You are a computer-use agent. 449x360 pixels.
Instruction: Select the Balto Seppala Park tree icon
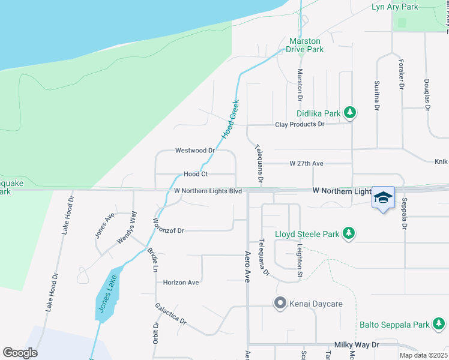coord(439,325)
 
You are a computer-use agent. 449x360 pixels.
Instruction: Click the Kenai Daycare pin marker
coord(279,304)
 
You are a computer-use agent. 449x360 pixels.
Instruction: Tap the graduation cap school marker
coord(383,197)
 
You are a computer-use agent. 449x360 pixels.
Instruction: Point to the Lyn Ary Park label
coord(394,7)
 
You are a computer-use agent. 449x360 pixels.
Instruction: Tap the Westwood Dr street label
coord(194,151)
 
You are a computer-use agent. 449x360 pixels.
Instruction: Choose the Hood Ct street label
coord(196,174)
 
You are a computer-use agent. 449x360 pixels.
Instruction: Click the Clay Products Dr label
coord(300,124)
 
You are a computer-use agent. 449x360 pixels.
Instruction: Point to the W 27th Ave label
coord(306,163)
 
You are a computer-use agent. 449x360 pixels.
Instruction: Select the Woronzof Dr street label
coord(167,230)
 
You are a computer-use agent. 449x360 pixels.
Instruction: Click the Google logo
coord(20,353)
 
